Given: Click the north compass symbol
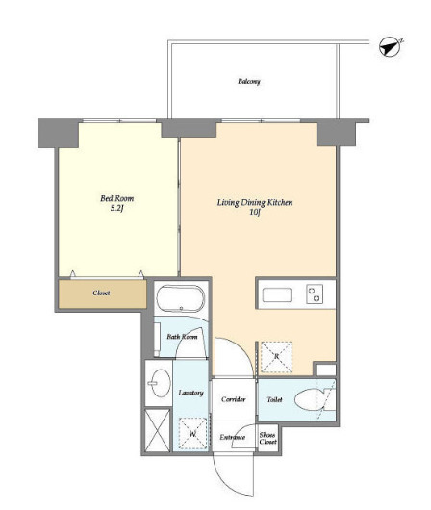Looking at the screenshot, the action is pyautogui.click(x=391, y=48).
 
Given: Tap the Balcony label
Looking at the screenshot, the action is pyautogui.click(x=249, y=81).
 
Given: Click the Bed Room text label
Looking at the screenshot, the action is pyautogui.click(x=116, y=198).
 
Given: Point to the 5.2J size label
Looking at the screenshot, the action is pyautogui.click(x=117, y=209).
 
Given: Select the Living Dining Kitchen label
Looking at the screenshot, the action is pyautogui.click(x=255, y=203).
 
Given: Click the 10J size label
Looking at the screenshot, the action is pyautogui.click(x=255, y=213).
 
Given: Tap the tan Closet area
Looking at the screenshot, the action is pyautogui.click(x=103, y=293).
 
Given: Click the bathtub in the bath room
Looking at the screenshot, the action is pyautogui.click(x=181, y=298).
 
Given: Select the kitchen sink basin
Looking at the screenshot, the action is pyautogui.click(x=277, y=294).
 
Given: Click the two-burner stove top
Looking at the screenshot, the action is pyautogui.click(x=315, y=293).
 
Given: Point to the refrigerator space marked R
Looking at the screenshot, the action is pyautogui.click(x=277, y=357).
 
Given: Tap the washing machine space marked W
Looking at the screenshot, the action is pyautogui.click(x=192, y=434).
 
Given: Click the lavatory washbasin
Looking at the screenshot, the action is pyautogui.click(x=161, y=383).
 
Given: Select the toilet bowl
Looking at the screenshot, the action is pyautogui.click(x=310, y=399).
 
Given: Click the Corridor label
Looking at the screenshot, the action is pyautogui.click(x=233, y=399).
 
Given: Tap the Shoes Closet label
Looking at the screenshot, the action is pyautogui.click(x=267, y=438).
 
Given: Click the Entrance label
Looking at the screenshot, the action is pyautogui.click(x=232, y=437).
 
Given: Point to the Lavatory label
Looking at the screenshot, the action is pyautogui.click(x=190, y=393).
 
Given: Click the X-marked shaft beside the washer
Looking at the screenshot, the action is pyautogui.click(x=158, y=430).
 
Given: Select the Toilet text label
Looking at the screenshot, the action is pyautogui.click(x=274, y=399).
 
